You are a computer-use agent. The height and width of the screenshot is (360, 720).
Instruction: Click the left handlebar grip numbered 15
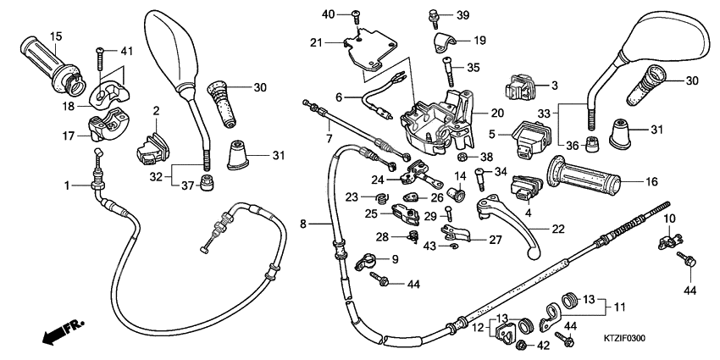click(x=54, y=64)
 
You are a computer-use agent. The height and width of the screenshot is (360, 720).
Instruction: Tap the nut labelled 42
click(x=523, y=346)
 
